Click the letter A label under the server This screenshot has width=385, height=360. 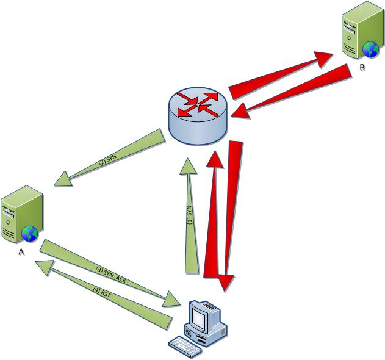(x=21, y=251)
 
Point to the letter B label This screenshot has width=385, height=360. (x=362, y=67)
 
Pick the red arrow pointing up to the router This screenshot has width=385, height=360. (x=213, y=214)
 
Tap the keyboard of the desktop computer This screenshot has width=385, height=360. (x=186, y=347)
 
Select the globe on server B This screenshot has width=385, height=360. (x=369, y=49)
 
